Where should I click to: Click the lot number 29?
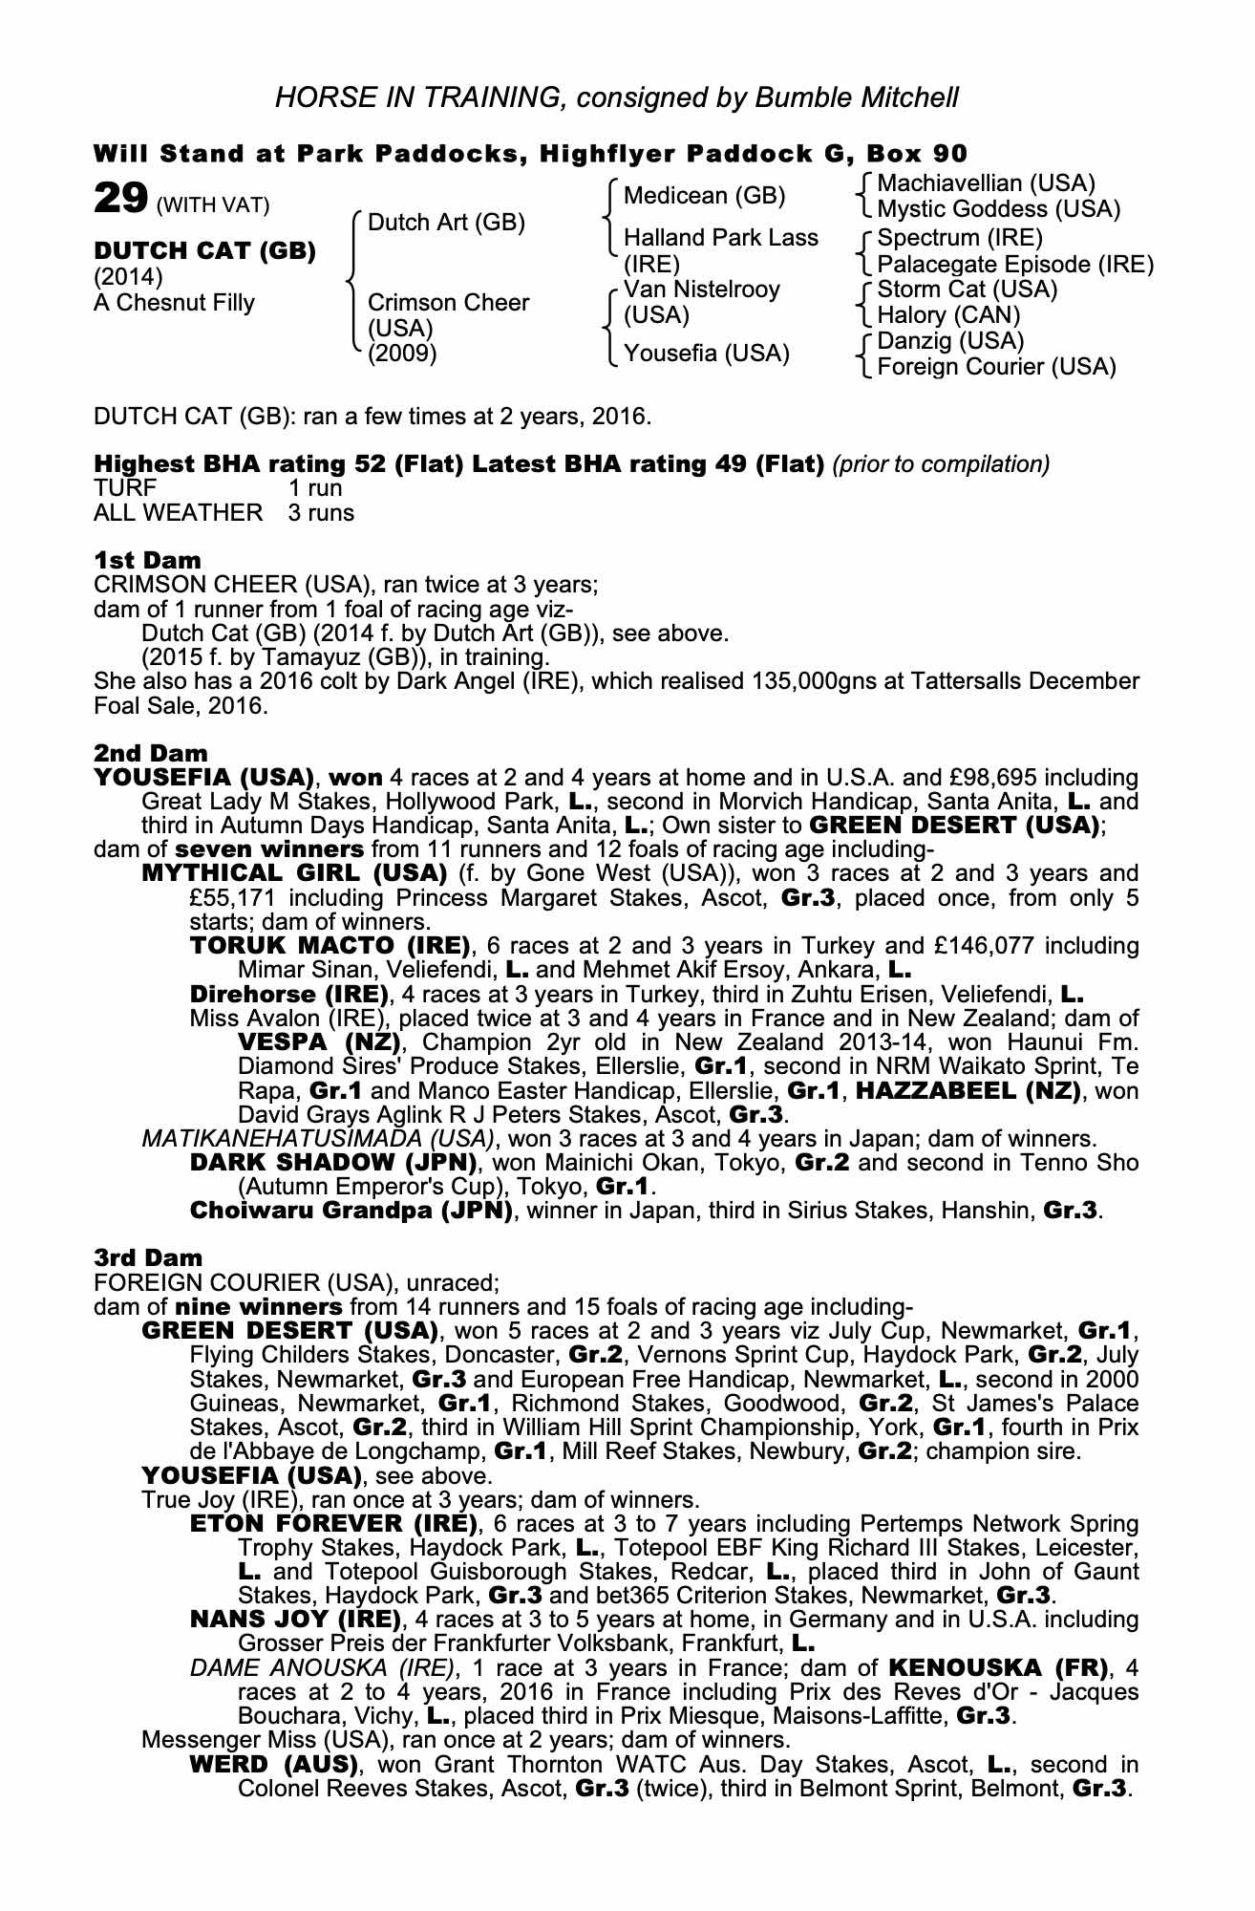click(119, 200)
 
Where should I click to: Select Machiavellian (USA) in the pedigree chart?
click(986, 183)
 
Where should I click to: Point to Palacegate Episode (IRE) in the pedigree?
click(1015, 264)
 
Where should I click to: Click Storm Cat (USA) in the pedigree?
click(967, 290)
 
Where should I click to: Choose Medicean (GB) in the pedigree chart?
click(704, 196)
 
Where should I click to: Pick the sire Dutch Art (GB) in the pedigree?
click(446, 223)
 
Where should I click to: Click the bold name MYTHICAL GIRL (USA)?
click(294, 873)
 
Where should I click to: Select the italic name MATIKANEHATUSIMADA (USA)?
click(318, 1139)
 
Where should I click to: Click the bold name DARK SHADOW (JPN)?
click(332, 1163)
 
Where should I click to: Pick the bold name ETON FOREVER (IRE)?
click(333, 1523)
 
